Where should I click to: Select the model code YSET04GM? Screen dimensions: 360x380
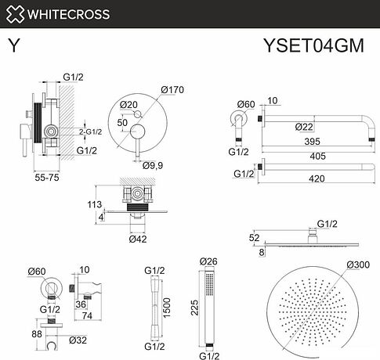coord(313,45)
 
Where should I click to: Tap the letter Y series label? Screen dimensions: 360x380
coord(13,45)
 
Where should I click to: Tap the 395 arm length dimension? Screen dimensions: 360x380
coord(313,143)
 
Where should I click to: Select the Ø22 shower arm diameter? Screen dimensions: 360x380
coord(306,126)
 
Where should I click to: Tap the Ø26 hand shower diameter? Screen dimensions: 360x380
coord(208,261)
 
